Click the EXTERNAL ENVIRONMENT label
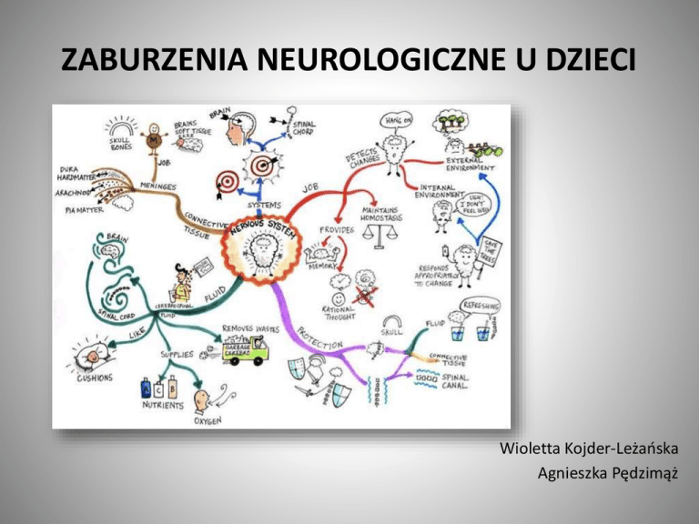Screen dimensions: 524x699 pyautogui.click(x=471, y=163)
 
